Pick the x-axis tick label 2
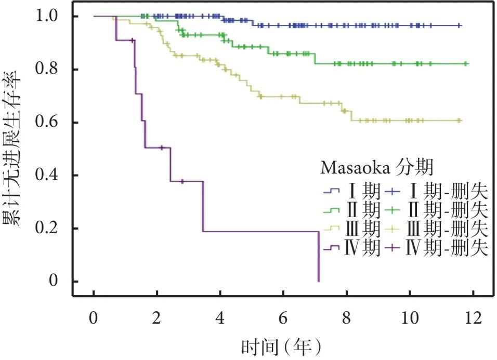(x=157, y=317)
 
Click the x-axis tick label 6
(x=283, y=317)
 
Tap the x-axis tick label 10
(x=410, y=317)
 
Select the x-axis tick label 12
(x=473, y=317)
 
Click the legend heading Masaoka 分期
(x=377, y=168)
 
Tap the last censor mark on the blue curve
(x=459, y=25)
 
